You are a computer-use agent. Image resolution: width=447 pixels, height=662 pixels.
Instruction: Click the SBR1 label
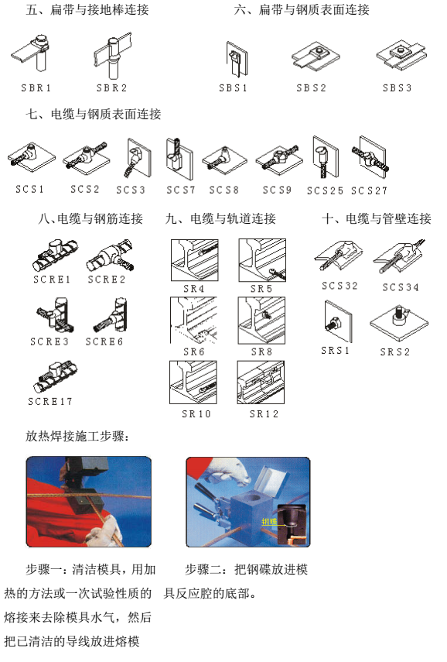(36, 87)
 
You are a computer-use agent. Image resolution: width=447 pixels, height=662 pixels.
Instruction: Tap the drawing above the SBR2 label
(111, 55)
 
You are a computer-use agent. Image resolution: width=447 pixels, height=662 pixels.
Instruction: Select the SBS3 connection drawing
(401, 54)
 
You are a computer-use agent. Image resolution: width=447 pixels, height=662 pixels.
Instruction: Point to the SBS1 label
(233, 87)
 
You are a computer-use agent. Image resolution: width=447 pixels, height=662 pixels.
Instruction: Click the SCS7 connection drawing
(179, 159)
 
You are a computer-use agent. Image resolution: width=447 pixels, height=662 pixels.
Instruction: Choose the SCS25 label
(325, 190)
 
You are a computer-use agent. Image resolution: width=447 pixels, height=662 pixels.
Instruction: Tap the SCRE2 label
(107, 279)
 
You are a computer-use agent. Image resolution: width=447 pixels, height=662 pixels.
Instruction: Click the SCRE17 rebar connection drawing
(56, 376)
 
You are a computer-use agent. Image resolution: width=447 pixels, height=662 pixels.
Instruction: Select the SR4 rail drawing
(194, 260)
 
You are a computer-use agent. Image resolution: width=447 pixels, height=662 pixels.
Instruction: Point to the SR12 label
(264, 413)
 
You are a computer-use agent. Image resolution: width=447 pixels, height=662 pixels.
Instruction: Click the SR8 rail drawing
(261, 321)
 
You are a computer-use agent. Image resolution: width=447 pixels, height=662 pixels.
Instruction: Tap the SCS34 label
(401, 287)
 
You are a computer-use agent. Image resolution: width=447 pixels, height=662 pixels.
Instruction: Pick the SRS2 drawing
(398, 322)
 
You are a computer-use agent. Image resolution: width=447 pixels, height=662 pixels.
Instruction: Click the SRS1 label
(336, 351)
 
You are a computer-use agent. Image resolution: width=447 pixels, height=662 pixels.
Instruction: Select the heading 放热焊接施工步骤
(77, 436)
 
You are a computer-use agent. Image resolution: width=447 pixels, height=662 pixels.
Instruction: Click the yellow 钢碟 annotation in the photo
(269, 521)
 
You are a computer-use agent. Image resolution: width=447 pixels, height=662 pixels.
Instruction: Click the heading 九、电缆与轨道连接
(220, 218)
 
